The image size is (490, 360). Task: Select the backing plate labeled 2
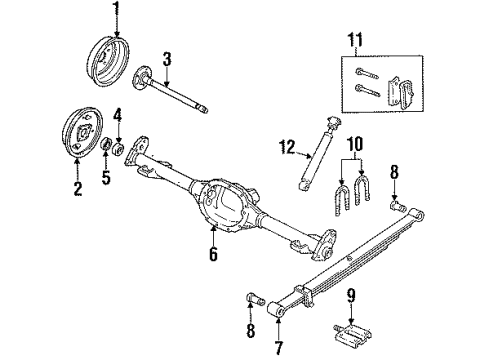point(75,128)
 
